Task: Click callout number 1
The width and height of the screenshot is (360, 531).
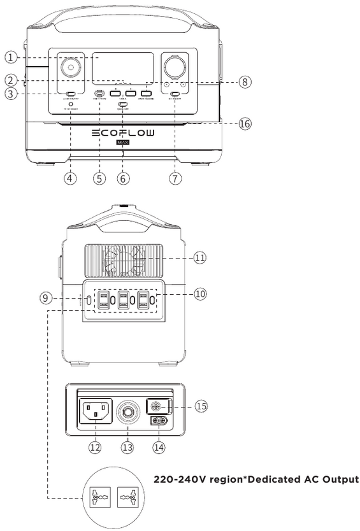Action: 11,56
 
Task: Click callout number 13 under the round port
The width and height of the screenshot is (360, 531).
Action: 125,447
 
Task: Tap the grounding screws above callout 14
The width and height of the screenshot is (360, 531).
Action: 159,421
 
